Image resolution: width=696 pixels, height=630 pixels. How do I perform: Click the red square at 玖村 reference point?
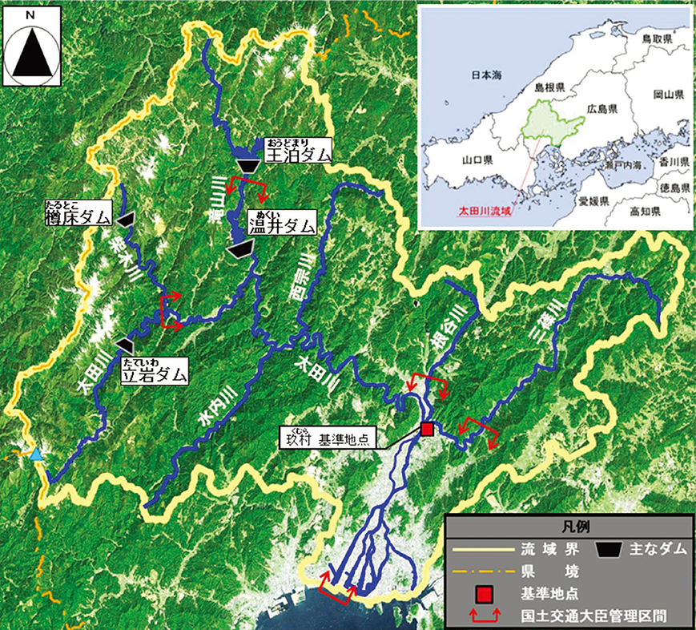pyautogui.click(x=427, y=429)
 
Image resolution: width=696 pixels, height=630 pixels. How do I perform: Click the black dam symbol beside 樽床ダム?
pyautogui.click(x=125, y=218)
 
